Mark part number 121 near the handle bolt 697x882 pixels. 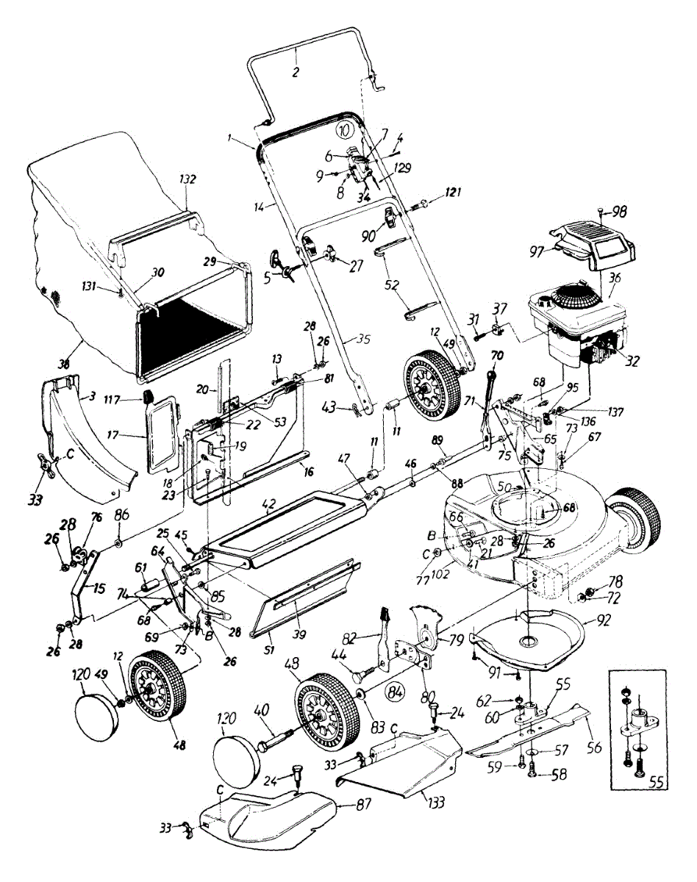point(454,193)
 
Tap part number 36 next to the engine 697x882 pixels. point(614,278)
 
